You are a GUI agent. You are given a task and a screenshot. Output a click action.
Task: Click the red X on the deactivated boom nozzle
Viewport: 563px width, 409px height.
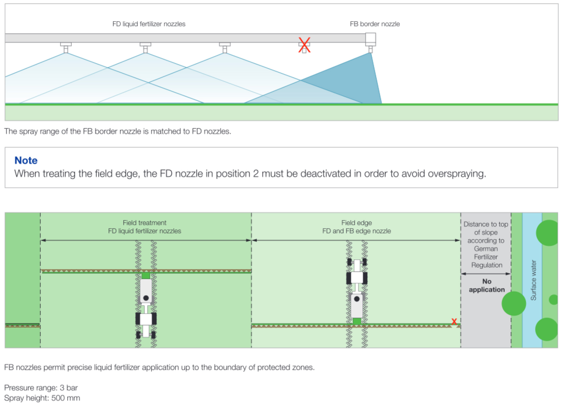coord(304,45)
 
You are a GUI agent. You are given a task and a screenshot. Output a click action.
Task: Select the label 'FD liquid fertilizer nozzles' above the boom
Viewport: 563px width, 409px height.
coord(149,24)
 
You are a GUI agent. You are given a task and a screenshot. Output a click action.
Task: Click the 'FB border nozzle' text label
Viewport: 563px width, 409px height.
coord(375,24)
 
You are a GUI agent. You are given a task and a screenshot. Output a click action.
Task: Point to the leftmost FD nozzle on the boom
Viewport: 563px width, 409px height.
coord(66,47)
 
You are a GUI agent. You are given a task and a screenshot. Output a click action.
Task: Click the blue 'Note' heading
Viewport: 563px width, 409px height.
coord(26,160)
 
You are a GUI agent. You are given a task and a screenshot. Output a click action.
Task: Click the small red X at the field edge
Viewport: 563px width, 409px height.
coord(454,321)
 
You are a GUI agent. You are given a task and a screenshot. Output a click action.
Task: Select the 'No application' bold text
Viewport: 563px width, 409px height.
coord(487,285)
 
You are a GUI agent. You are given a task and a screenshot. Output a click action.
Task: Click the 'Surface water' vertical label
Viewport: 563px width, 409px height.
coord(533,280)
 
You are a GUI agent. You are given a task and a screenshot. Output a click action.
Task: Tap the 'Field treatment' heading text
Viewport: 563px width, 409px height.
coord(144,223)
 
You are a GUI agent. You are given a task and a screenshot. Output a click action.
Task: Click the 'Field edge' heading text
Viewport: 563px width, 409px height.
coord(356,223)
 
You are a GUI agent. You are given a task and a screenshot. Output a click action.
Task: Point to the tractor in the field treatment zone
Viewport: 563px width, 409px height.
coord(146,307)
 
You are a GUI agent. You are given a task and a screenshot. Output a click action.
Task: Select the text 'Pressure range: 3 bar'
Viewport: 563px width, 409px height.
coord(41,388)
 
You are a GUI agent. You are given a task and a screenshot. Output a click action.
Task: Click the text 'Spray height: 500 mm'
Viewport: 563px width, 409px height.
coord(42,398)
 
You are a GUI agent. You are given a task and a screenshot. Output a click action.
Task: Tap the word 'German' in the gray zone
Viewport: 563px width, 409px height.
coord(486,249)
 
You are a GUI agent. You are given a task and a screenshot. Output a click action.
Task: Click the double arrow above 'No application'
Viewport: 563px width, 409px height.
coord(486,274)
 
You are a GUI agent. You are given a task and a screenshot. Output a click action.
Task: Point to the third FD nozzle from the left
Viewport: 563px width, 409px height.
coord(225,47)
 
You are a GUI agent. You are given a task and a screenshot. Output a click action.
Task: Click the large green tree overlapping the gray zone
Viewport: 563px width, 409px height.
coord(514,303)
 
